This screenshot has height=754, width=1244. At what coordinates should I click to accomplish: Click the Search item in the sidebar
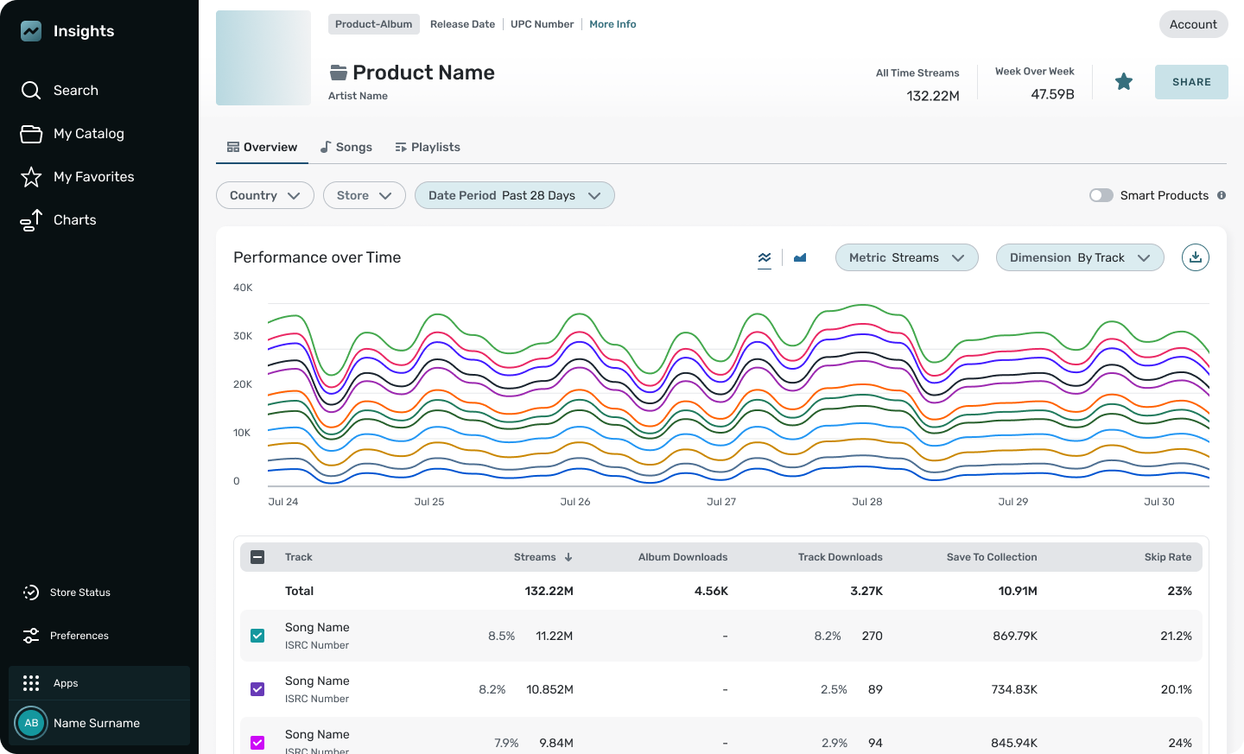(60, 90)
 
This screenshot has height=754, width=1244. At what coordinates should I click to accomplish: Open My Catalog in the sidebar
(73, 133)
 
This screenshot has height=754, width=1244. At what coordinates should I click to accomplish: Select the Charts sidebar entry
(59, 220)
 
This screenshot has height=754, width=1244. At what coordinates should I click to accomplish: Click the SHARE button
(1191, 82)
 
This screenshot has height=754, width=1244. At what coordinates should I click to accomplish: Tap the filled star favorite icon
(1123, 81)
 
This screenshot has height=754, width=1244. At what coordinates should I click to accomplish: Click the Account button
(1193, 24)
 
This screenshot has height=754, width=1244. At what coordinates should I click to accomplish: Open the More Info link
(612, 24)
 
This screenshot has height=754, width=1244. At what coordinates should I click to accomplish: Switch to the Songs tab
(346, 147)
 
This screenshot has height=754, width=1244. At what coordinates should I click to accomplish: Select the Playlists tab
(428, 147)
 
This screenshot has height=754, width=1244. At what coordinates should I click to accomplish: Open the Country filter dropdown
(265, 195)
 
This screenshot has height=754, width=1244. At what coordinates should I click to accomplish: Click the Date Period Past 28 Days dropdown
(514, 195)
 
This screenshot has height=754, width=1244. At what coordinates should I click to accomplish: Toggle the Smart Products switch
(1101, 195)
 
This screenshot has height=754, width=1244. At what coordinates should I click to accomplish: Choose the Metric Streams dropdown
(906, 257)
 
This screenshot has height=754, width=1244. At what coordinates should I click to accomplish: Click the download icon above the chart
(1195, 257)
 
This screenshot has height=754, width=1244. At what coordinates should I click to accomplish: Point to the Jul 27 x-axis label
(720, 501)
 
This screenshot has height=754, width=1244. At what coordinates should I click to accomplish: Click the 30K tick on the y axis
(243, 336)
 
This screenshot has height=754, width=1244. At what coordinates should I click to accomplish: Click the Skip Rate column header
(1167, 557)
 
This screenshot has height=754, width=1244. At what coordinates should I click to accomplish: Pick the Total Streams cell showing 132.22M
(549, 591)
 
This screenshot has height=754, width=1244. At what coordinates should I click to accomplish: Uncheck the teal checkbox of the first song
(257, 636)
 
